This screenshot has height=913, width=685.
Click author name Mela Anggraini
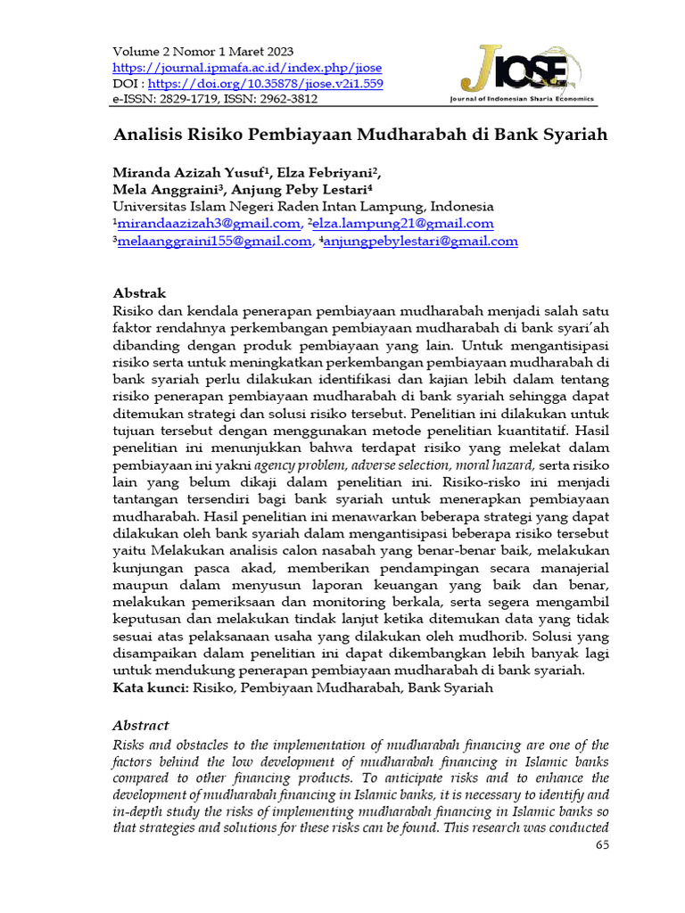pos(169,189)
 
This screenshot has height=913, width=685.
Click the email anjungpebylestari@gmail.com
pos(419,241)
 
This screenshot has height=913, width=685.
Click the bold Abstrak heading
pos(139,293)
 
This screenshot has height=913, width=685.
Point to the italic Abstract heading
pos(140,726)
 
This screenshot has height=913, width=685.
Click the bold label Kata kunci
pos(150,688)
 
